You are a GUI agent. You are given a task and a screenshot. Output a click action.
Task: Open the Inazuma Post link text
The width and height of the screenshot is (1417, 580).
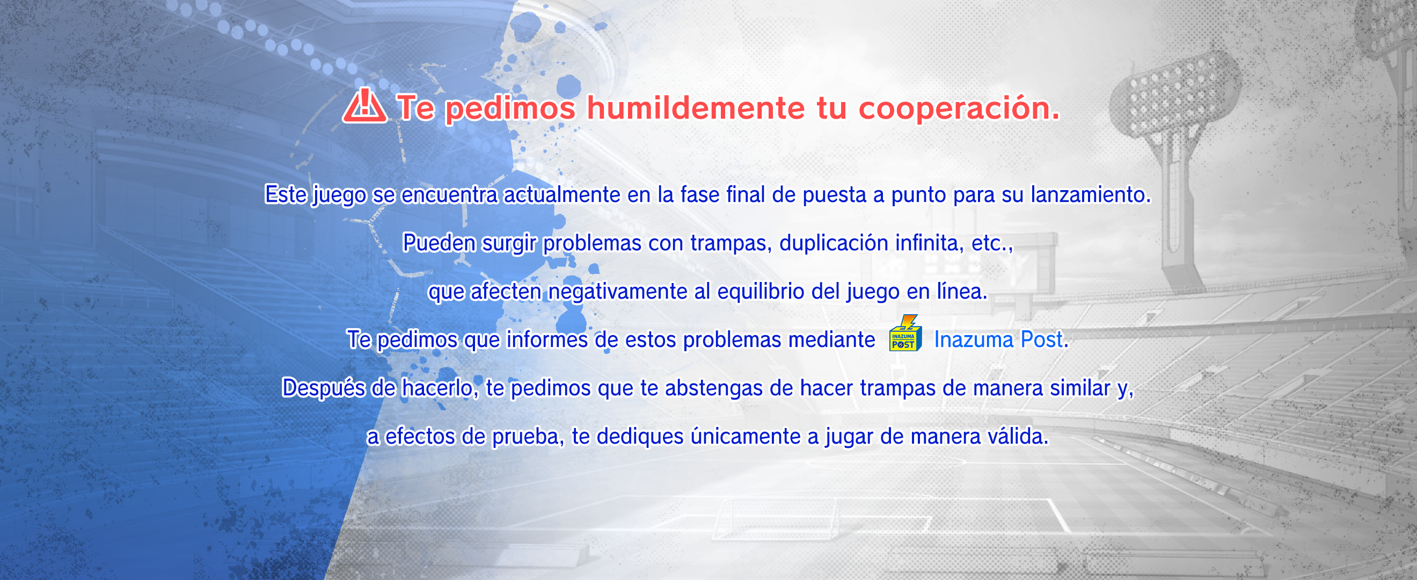(x=998, y=339)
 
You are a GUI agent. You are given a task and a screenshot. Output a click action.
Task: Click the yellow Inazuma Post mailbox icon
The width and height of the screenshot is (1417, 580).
(x=905, y=333)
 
